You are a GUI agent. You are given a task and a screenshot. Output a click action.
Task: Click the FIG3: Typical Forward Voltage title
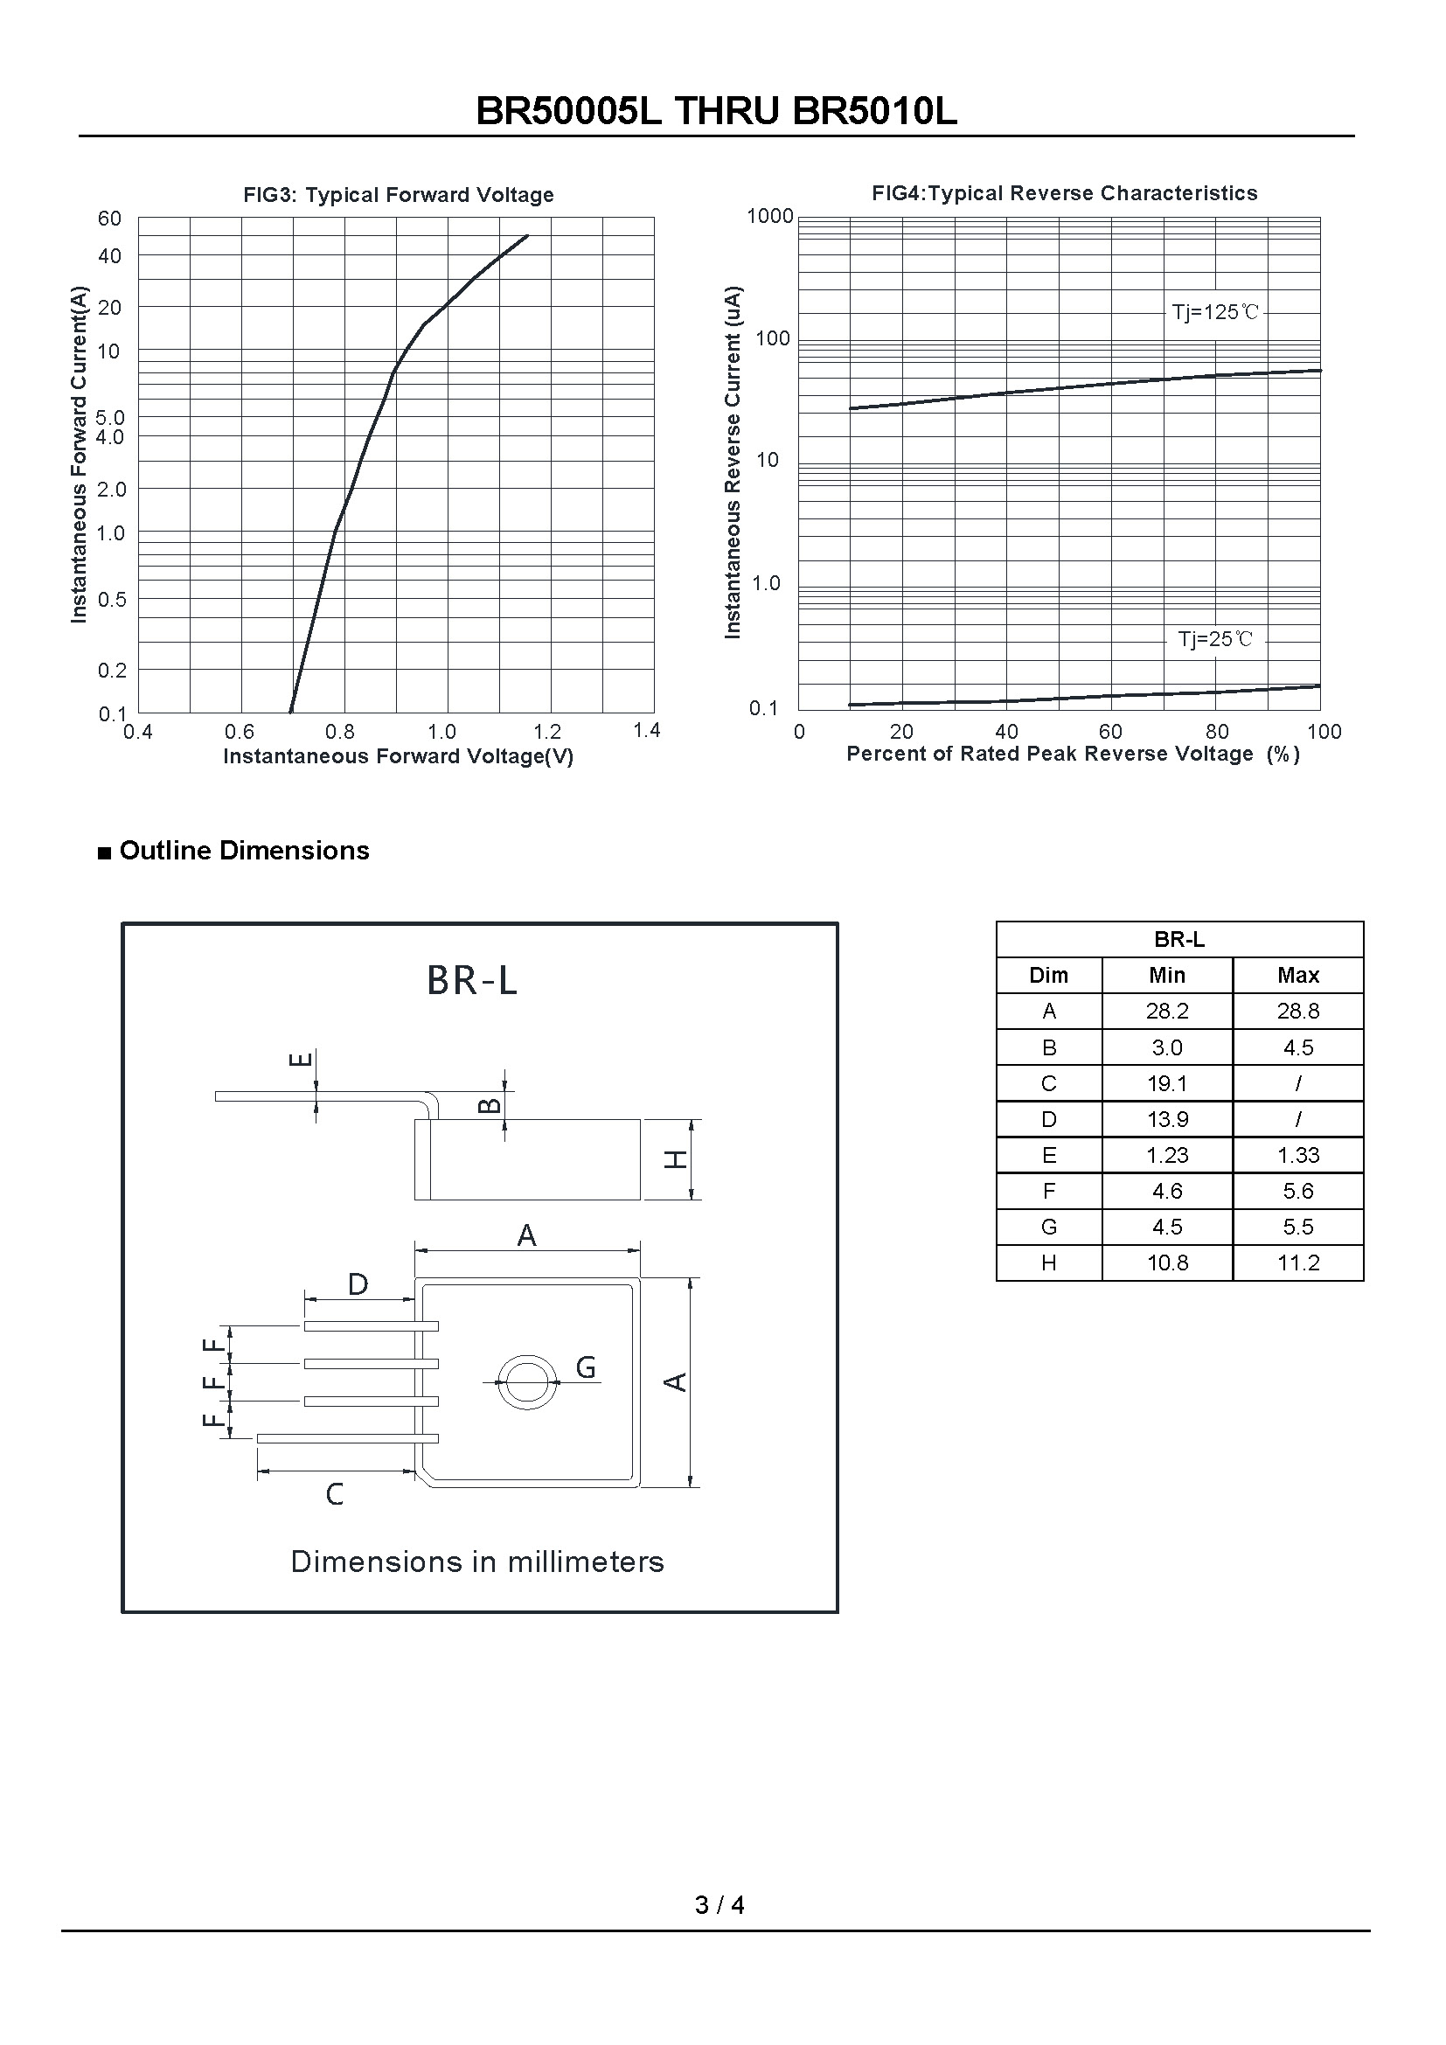(x=398, y=195)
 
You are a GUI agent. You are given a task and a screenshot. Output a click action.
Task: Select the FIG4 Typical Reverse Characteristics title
(x=1064, y=193)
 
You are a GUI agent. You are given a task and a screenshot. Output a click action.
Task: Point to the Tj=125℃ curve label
(x=1214, y=312)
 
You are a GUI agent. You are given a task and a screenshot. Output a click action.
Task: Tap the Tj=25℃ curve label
(x=1214, y=638)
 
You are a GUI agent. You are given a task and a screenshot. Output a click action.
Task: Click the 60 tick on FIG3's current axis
(x=109, y=219)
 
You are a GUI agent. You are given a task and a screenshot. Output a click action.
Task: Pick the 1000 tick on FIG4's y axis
(x=769, y=216)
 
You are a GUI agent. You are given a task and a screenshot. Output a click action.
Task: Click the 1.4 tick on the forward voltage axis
(x=646, y=730)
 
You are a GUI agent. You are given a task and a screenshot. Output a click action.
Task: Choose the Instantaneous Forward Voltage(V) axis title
(x=398, y=756)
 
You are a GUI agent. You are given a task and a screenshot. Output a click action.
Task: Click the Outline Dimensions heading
(x=243, y=851)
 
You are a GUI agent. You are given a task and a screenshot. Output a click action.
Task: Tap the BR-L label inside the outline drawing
(x=472, y=981)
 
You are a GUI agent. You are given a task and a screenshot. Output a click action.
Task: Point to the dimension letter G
(x=585, y=1367)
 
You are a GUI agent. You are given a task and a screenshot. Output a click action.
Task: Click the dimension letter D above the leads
(x=357, y=1284)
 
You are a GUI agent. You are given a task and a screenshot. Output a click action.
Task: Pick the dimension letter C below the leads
(x=334, y=1493)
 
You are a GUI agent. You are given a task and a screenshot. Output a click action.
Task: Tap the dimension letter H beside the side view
(x=677, y=1158)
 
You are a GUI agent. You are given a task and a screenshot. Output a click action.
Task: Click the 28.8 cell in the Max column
(x=1297, y=1011)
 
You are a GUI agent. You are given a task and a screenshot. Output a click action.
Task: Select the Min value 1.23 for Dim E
(x=1166, y=1155)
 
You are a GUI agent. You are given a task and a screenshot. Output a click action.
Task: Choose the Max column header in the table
(x=1297, y=976)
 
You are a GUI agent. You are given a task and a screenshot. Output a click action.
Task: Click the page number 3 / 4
(x=720, y=1904)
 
